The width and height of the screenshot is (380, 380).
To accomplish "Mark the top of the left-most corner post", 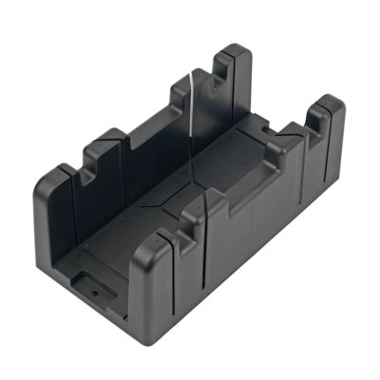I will (x=59, y=169).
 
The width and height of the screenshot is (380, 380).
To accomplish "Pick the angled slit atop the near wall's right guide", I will (x=281, y=142).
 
